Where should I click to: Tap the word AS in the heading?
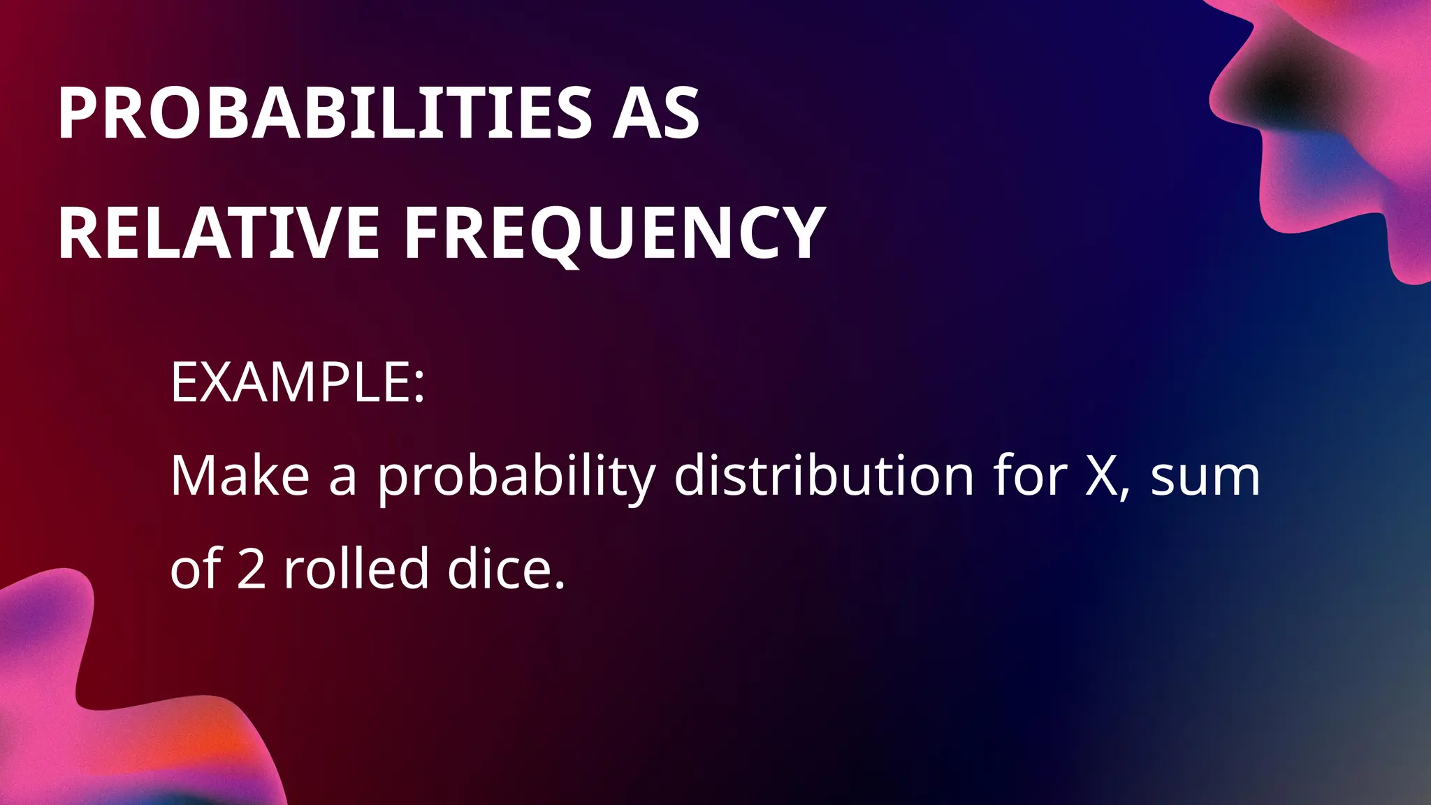655,114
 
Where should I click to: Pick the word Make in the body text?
240,476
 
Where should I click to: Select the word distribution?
824,476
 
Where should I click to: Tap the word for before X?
1030,476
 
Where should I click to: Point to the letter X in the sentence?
1102,477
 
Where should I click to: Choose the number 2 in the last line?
252,569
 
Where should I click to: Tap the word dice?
498,567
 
